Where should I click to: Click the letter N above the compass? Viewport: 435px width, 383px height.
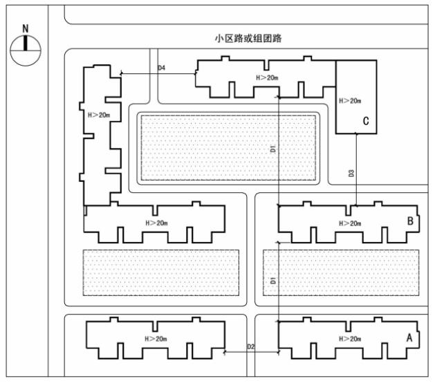(26, 28)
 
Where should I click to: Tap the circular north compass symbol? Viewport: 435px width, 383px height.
(26, 50)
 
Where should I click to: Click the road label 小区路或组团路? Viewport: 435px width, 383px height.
(248, 38)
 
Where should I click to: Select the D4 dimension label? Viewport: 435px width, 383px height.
(161, 68)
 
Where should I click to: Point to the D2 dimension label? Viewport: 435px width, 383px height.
(250, 346)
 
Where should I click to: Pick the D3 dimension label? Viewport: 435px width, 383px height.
(351, 174)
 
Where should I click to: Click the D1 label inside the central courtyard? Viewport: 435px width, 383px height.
(273, 149)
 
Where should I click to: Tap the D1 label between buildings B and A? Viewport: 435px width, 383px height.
(273, 281)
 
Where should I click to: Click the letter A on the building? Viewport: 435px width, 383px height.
(409, 338)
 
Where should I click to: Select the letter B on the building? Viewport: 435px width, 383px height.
(410, 221)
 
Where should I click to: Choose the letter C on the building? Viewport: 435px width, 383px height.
(366, 121)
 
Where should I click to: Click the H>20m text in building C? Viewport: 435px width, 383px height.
(350, 101)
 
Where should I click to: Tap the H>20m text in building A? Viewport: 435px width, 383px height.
(350, 339)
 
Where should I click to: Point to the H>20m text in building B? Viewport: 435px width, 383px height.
(350, 223)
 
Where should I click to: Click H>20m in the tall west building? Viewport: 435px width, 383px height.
(99, 115)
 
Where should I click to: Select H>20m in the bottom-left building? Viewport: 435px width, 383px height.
(156, 339)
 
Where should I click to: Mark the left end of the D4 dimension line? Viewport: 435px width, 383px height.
(121, 73)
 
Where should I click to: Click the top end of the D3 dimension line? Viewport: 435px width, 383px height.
(356, 133)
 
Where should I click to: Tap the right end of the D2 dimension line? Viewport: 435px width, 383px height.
(279, 352)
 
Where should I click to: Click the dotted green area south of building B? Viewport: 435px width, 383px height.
(341, 272)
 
